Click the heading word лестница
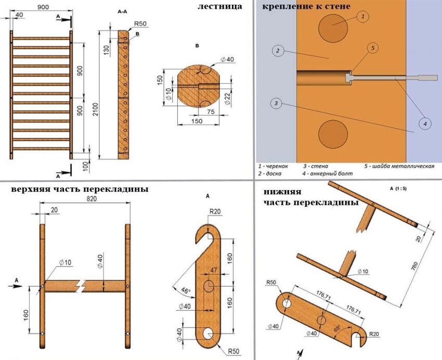tap(220, 7)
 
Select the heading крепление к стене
tap(306, 7)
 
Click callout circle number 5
tap(372, 47)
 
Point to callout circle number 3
tap(277, 103)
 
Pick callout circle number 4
tap(425, 124)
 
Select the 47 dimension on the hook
tap(213, 271)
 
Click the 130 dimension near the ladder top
tap(106, 50)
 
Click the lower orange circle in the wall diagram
tap(333, 132)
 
